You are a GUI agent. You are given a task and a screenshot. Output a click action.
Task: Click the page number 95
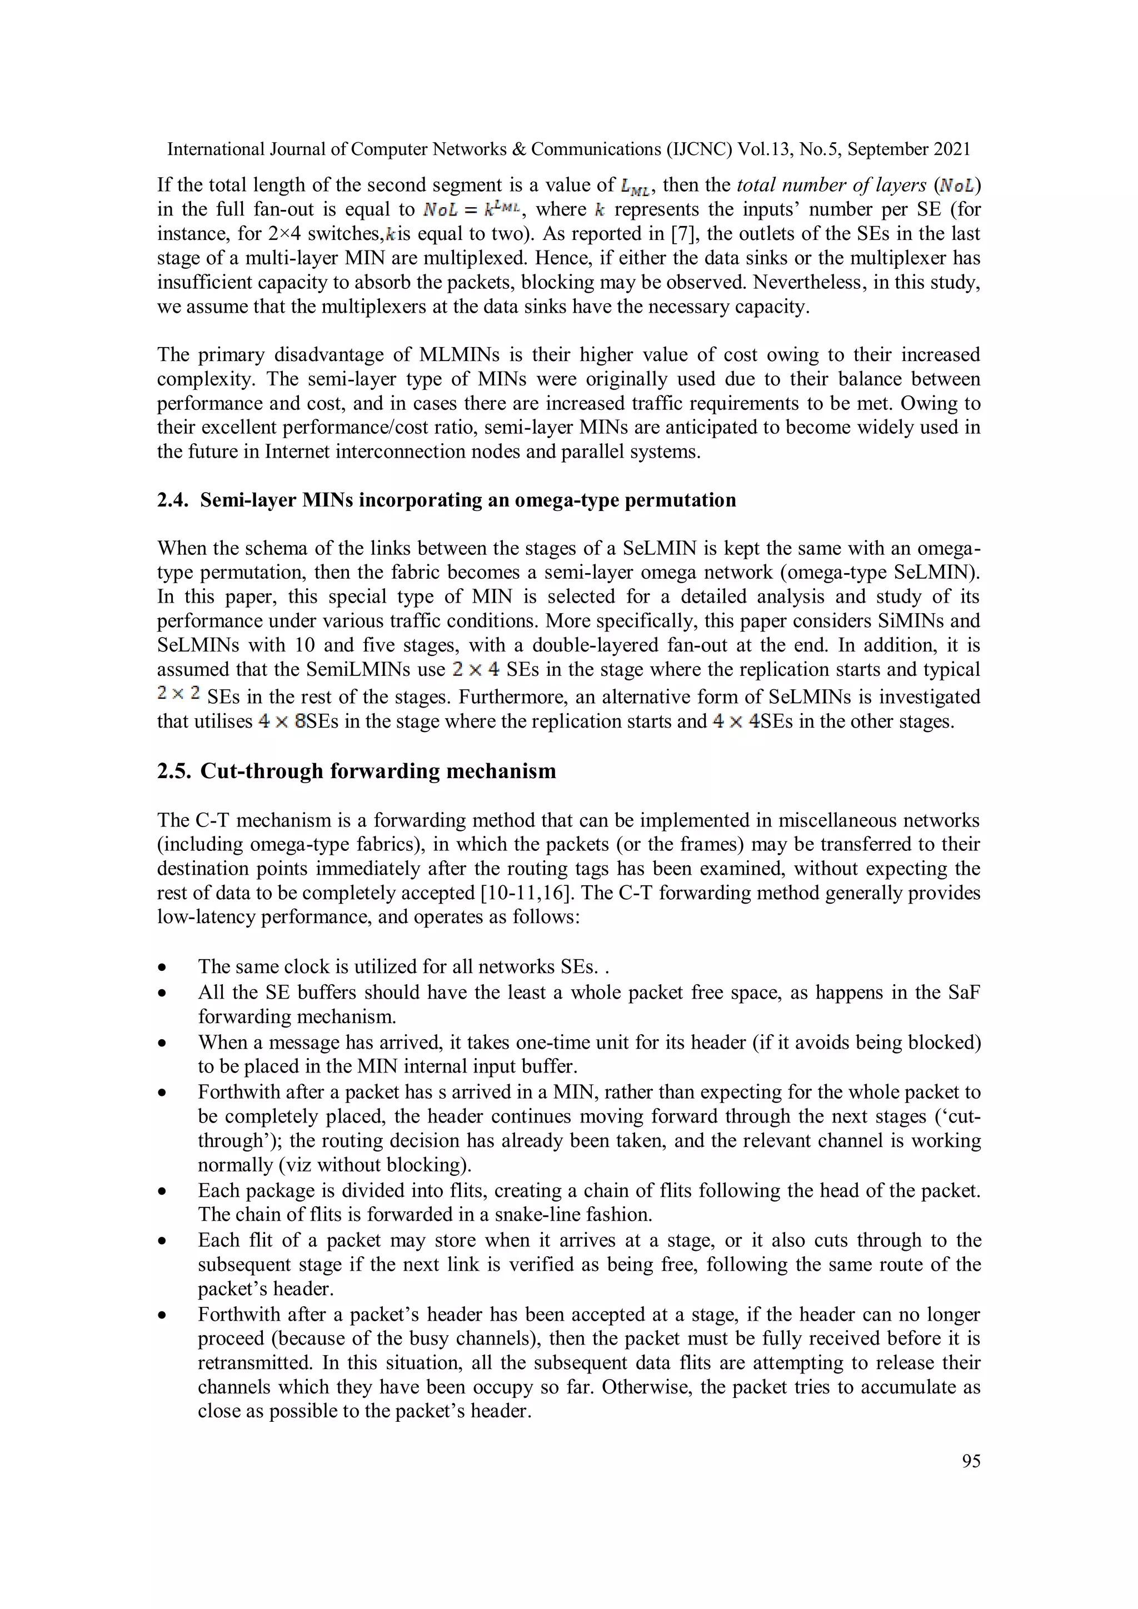pyautogui.click(x=970, y=1461)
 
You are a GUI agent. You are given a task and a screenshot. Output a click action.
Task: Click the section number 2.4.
pyautogui.click(x=173, y=500)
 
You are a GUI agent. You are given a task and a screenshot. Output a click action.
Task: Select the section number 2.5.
pyautogui.click(x=173, y=771)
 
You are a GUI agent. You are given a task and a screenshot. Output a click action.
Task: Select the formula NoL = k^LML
pyautogui.click(x=472, y=209)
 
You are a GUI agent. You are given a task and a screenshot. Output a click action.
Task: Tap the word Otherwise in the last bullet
pyautogui.click(x=652, y=1387)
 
